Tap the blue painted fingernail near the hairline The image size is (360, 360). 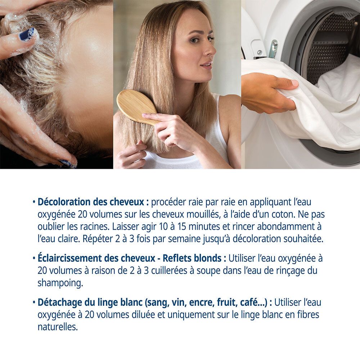click(27, 35)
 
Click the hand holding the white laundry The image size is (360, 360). click(268, 92)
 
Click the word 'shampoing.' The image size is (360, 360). click(60, 283)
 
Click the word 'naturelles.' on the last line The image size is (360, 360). click(58, 327)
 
